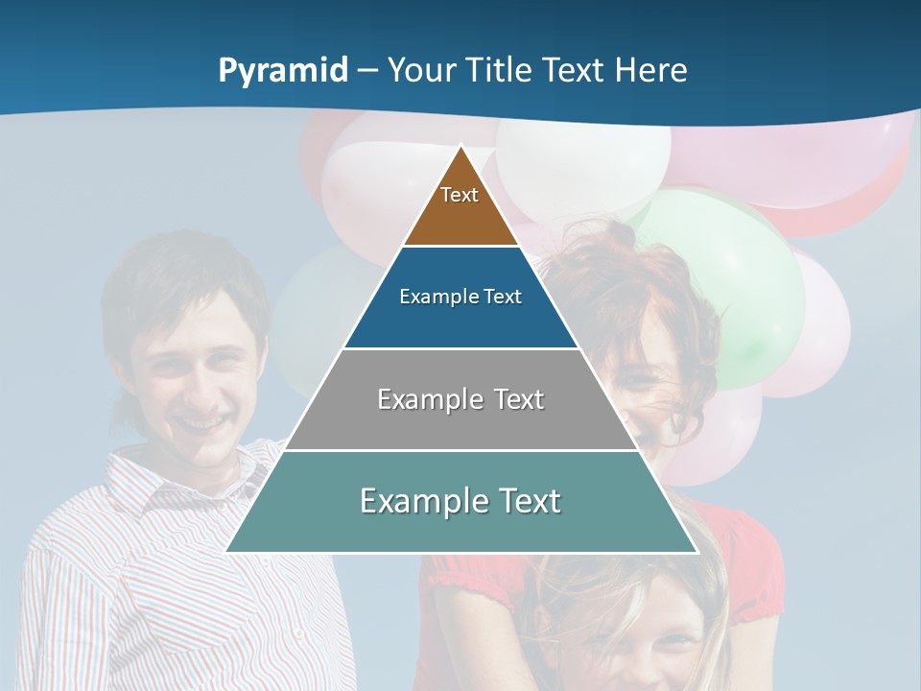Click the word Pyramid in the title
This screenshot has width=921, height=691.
283,70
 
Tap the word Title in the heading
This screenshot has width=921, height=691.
502,70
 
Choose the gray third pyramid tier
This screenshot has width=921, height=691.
460,422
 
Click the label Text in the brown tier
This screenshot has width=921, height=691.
460,195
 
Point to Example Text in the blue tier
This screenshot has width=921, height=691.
460,297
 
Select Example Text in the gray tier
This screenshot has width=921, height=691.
460,399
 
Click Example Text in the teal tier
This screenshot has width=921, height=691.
460,501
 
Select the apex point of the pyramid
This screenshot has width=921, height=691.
461,147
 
